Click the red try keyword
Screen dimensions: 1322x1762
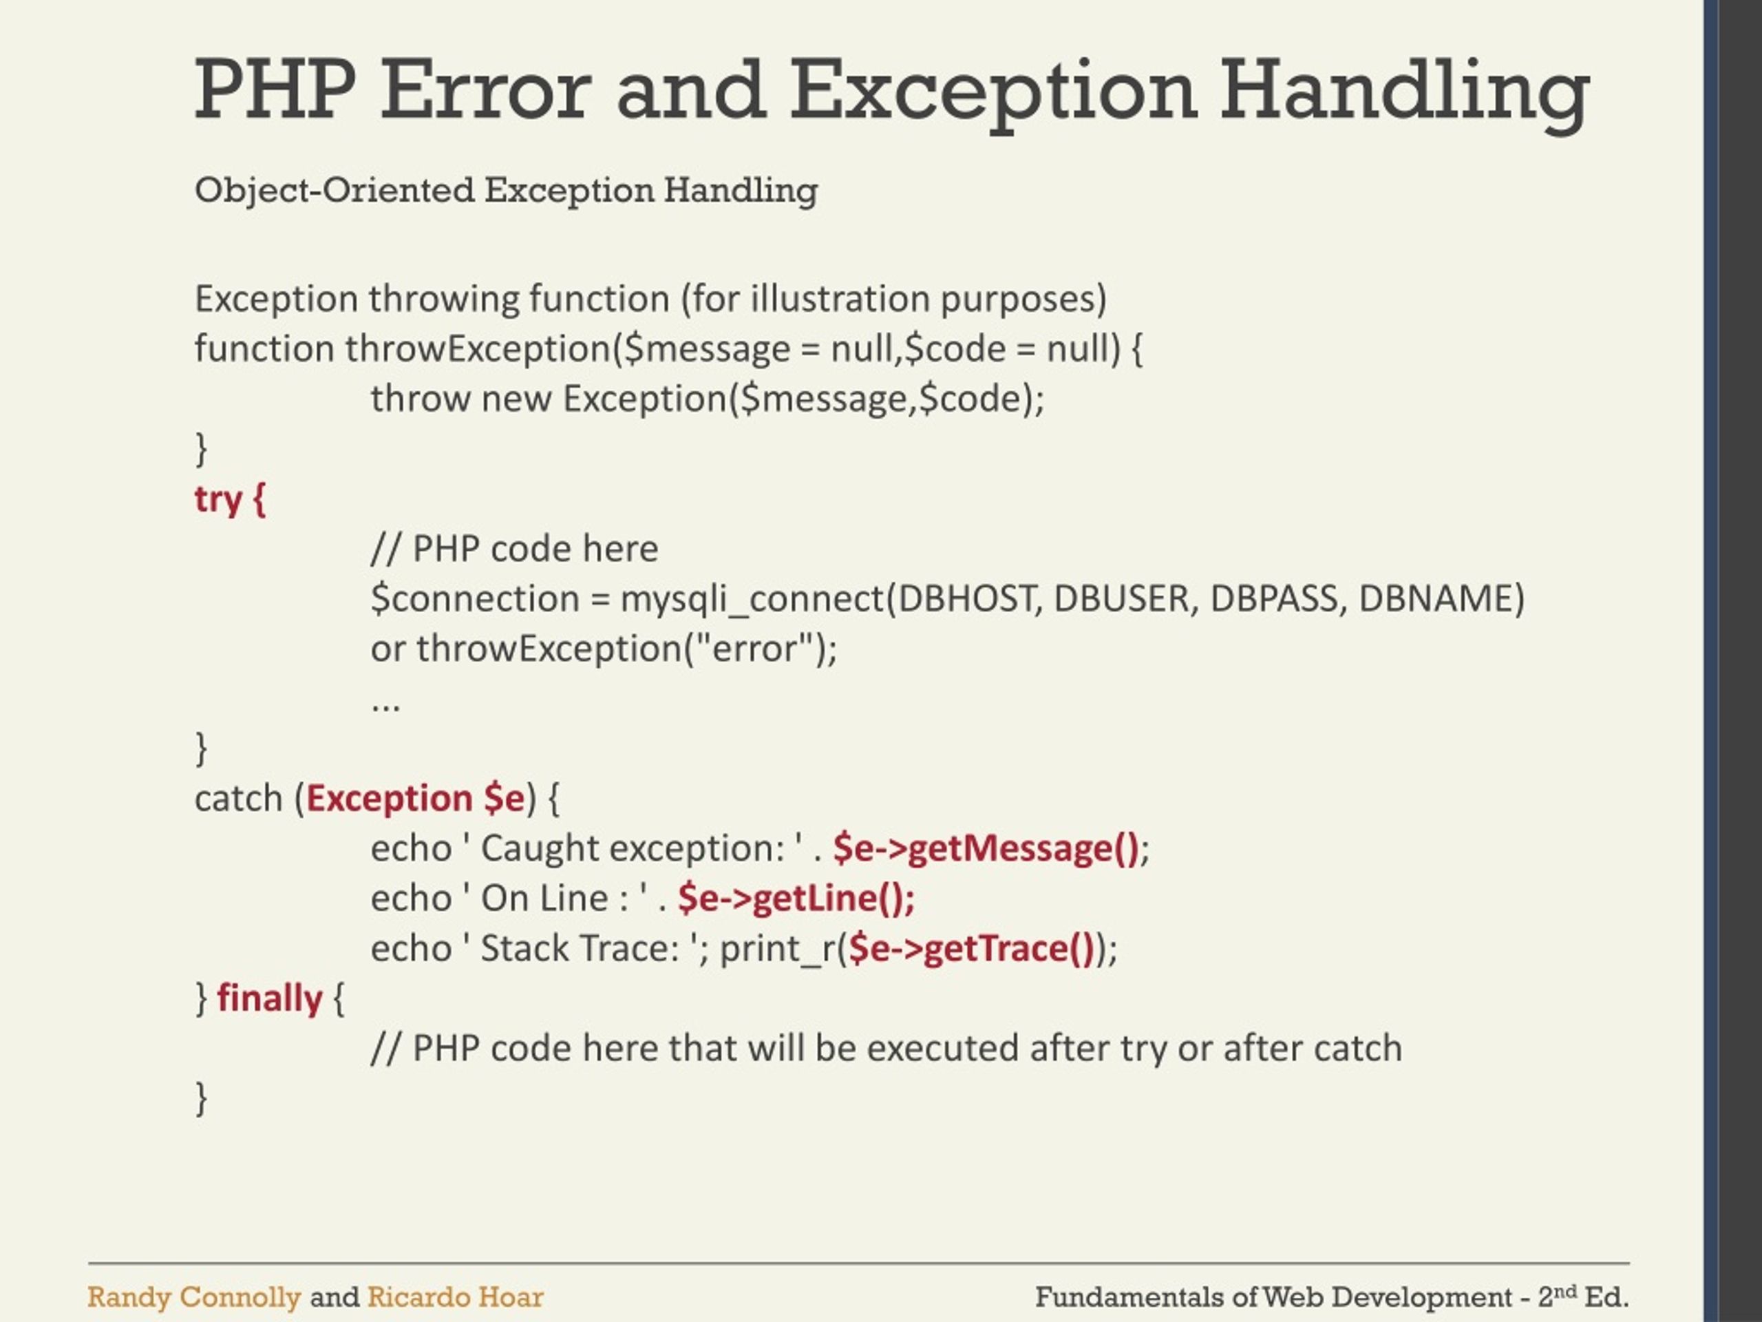[x=217, y=501]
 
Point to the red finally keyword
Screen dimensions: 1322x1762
[x=269, y=998]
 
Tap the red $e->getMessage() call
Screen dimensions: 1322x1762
[x=986, y=848]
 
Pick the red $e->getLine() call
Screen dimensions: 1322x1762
[x=796, y=898]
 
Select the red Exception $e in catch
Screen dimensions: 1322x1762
[x=415, y=799]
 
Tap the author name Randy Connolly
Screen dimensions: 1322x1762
[x=193, y=1297]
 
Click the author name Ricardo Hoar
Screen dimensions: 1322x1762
[x=455, y=1297]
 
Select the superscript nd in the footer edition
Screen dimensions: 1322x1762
[x=1565, y=1290]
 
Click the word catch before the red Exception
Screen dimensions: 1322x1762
[x=238, y=799]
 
